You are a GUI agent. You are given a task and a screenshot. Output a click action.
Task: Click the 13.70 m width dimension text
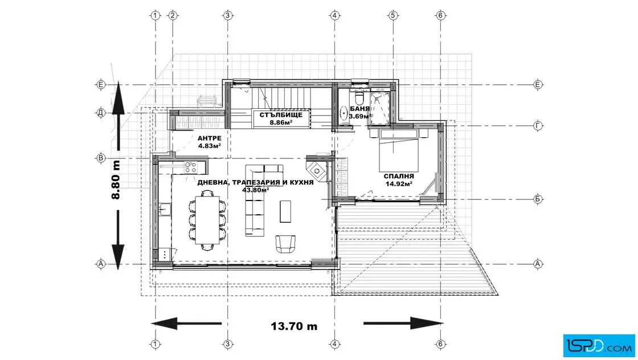point(294,326)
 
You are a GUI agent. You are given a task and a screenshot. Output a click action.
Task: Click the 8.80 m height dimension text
point(116,179)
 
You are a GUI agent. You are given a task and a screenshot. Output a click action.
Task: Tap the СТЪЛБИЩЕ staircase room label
point(281,114)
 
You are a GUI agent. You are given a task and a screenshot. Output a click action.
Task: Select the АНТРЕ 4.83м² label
point(210,142)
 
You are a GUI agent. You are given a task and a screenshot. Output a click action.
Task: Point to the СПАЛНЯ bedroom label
point(399,176)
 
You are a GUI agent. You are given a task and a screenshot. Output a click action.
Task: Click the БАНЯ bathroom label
point(359,109)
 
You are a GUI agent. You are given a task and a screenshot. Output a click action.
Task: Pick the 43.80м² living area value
point(256,190)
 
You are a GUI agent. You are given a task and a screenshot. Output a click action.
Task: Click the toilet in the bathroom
point(359,98)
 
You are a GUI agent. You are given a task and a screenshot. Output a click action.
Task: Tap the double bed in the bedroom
point(398,150)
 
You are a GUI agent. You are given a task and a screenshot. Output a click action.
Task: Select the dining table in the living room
point(207,220)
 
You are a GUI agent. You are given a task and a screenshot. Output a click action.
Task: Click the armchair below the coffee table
point(285,244)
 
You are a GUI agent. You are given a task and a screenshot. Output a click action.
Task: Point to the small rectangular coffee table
point(285,211)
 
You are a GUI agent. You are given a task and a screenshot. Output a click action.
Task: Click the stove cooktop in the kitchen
point(190,167)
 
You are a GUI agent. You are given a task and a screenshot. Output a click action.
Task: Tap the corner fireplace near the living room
point(317,171)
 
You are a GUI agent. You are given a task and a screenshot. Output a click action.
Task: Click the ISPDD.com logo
point(599,346)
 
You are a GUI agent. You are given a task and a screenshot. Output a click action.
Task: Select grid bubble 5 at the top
point(392,15)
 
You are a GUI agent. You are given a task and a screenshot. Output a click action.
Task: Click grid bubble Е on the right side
point(538,85)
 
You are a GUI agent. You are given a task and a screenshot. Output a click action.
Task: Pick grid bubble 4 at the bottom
point(334,344)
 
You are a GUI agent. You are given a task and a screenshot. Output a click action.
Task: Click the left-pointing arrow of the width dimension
point(186,324)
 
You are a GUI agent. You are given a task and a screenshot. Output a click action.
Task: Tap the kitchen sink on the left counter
point(165,210)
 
